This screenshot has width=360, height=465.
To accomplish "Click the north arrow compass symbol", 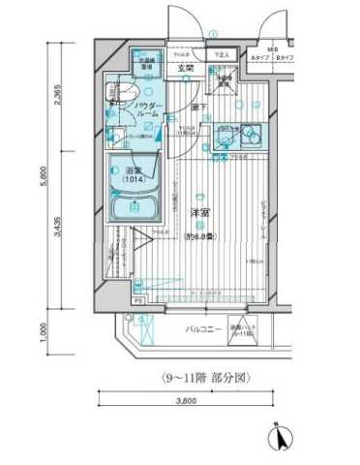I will [x=282, y=437].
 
